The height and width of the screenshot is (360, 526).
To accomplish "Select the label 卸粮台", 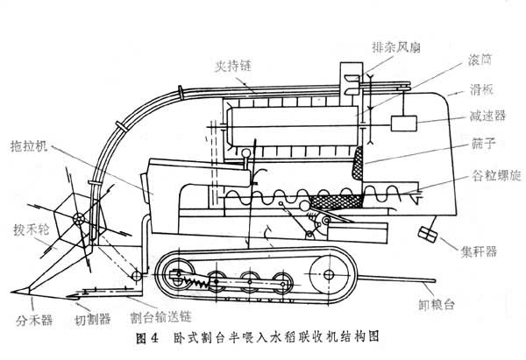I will pos(437,307).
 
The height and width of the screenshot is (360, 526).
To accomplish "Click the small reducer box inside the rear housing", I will pos(405,124).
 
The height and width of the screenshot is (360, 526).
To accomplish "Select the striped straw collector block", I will pos(430,236).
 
